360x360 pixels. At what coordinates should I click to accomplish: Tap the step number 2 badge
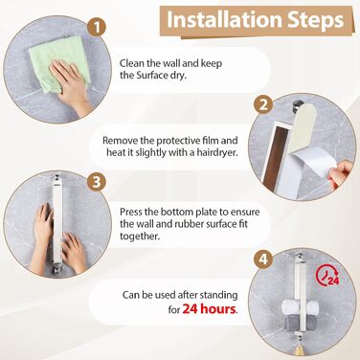click(x=263, y=104)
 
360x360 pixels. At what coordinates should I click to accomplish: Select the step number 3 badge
click(x=97, y=182)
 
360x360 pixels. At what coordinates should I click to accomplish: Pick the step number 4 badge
click(x=263, y=259)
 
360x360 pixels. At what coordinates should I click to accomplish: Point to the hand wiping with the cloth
click(x=71, y=84)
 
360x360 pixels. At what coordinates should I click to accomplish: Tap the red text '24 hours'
click(x=210, y=309)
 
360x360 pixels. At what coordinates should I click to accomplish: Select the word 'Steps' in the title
click(x=316, y=19)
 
